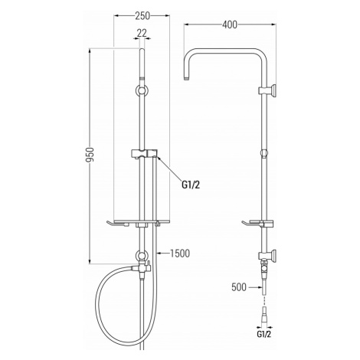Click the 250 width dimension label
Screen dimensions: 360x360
click(x=142, y=16)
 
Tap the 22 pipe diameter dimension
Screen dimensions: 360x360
click(x=142, y=33)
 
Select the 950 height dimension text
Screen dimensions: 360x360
click(x=90, y=155)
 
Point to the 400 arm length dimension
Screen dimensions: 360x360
click(x=230, y=25)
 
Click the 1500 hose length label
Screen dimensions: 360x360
click(x=180, y=254)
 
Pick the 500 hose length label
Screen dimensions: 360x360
click(x=239, y=287)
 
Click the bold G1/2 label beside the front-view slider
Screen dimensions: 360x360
click(x=191, y=185)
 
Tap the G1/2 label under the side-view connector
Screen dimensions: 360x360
click(x=263, y=334)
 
